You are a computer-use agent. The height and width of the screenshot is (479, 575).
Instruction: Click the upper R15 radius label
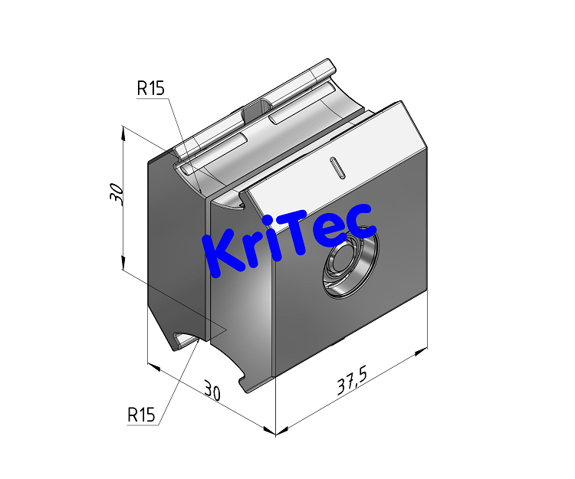[x=150, y=88]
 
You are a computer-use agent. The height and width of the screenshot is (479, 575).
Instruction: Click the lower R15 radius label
[x=141, y=415]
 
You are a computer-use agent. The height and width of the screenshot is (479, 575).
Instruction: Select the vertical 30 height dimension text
[x=116, y=194]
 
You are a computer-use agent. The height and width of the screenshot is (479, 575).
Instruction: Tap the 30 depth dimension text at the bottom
[x=212, y=392]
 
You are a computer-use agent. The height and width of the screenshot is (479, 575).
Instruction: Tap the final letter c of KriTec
[x=360, y=221]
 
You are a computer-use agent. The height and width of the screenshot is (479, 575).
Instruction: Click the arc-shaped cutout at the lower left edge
[x=185, y=338]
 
